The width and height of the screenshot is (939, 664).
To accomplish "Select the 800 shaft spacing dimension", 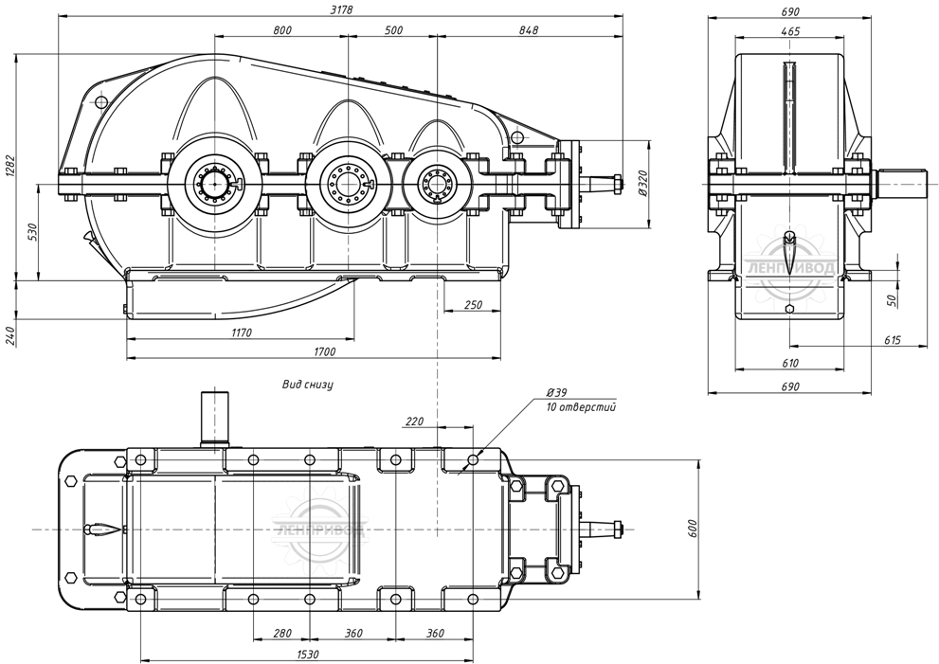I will (x=281, y=30).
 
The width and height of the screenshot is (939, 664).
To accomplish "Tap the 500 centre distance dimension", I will (x=394, y=30).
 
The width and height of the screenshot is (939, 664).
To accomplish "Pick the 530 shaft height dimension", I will (x=32, y=232).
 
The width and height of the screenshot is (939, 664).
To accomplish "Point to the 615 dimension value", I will (x=891, y=340).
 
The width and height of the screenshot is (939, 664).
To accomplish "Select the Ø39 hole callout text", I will (x=556, y=392).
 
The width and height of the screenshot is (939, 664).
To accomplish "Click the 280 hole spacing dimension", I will (x=281, y=633).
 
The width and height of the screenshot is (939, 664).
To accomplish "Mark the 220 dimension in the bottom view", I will (x=414, y=420).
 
